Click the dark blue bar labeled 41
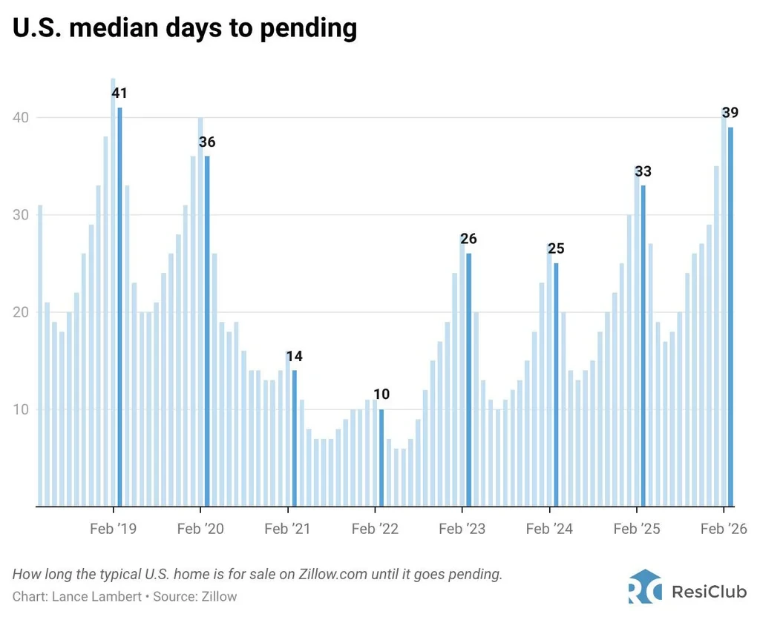(119, 307)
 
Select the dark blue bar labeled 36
(207, 331)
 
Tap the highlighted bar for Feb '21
(294, 438)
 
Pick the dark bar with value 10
(381, 458)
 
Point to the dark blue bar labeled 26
(469, 380)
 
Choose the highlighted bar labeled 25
(556, 385)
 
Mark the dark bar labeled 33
(643, 346)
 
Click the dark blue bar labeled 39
(730, 317)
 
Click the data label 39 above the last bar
(730, 113)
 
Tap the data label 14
(294, 356)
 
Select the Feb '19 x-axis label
(114, 528)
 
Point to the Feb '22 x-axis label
(375, 528)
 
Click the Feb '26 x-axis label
(724, 528)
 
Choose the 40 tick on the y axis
(20, 118)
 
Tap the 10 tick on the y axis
(20, 409)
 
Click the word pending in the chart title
(308, 29)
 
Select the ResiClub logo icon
(645, 587)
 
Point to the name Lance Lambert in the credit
(96, 596)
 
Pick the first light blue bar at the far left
(40, 355)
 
